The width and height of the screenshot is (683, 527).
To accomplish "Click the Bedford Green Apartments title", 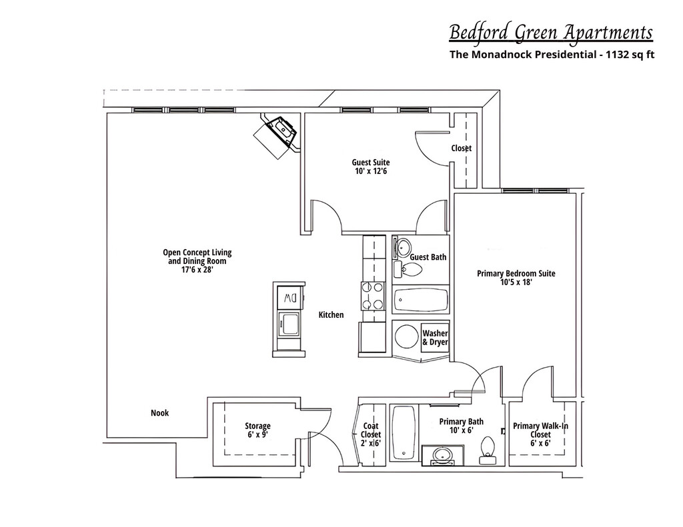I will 550,32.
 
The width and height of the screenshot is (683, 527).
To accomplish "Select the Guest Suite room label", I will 371,167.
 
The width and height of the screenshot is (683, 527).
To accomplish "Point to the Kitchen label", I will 331,314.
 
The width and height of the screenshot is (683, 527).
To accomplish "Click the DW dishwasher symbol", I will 289,296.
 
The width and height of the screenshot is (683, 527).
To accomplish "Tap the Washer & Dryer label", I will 435,338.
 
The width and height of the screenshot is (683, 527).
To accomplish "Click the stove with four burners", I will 373,296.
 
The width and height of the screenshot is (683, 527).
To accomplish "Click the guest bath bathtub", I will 420,300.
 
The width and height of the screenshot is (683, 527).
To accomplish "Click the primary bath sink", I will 442,456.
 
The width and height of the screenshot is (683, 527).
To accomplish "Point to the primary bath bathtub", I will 404,433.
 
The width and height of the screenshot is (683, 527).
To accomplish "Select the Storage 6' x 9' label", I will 257,430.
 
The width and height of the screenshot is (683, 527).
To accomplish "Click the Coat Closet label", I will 371,434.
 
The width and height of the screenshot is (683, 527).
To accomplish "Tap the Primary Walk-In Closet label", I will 540,434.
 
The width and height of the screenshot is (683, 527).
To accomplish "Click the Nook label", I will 159,413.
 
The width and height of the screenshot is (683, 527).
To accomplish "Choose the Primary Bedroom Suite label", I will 516,277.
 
